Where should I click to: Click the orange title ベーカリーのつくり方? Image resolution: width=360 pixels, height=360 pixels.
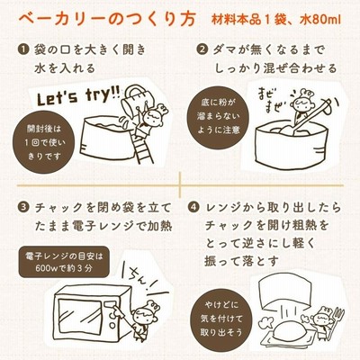[107, 20]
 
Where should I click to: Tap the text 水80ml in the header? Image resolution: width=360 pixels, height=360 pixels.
[320, 21]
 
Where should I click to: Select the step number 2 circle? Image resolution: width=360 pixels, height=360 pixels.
[202, 49]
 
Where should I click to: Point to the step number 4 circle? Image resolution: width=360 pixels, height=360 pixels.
[194, 208]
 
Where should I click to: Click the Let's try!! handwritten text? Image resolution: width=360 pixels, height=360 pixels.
[78, 96]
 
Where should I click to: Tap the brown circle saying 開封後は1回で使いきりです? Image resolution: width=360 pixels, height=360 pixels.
[43, 142]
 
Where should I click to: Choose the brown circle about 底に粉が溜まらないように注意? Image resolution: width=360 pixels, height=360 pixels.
[219, 116]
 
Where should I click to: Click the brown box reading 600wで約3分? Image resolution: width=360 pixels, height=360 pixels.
[63, 262]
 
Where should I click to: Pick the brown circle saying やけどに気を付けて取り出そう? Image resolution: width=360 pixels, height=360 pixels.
[221, 319]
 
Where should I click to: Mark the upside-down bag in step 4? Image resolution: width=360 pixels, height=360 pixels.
[284, 289]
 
